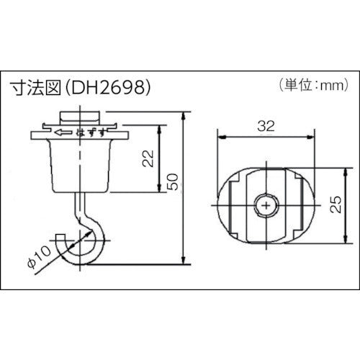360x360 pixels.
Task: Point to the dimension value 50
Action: click(171, 184)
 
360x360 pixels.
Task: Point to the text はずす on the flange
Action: click(91, 133)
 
